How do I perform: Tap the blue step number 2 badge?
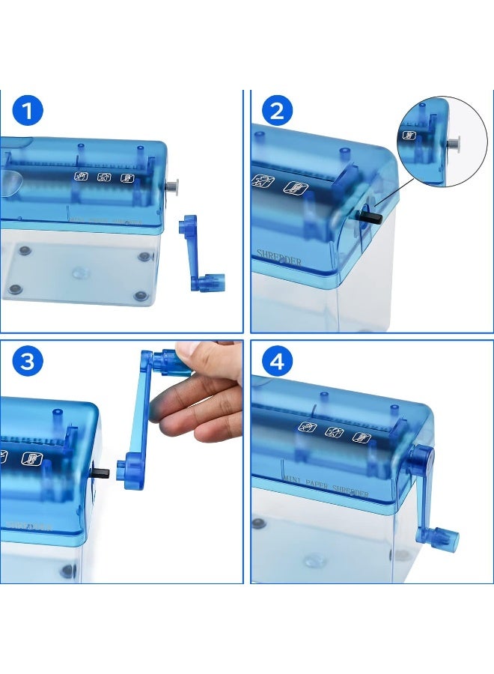click(277, 111)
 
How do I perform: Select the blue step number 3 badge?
click(28, 362)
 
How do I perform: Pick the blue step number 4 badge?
click(277, 362)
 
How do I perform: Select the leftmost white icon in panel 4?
click(307, 428)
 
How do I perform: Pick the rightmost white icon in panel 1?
click(129, 177)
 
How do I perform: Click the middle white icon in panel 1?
click(105, 177)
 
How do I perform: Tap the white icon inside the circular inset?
click(410, 136)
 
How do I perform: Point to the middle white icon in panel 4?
click(333, 431)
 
